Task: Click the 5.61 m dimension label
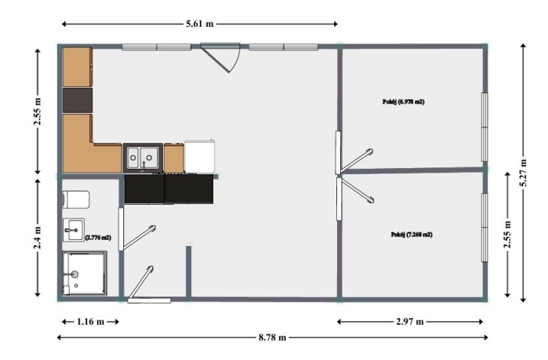pos(199,24)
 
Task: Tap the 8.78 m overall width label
pos(272,337)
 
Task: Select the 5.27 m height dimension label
pos(524,173)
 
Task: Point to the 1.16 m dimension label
pos(90,322)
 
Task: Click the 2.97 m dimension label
pos(410,322)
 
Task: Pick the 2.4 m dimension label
pos(37,238)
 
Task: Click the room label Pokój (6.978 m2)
pos(404,102)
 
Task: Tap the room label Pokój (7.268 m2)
pos(412,234)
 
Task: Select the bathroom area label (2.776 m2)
pos(98,237)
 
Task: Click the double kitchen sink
pos(143,157)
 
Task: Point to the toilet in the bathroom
pos(76,199)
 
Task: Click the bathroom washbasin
pos(73,230)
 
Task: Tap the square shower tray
pos(85,274)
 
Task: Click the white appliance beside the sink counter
pos(199,156)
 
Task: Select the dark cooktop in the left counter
pos(77,100)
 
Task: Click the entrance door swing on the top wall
pos(221,57)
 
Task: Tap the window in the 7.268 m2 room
pos(485,227)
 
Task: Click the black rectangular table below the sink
pos(169,189)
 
